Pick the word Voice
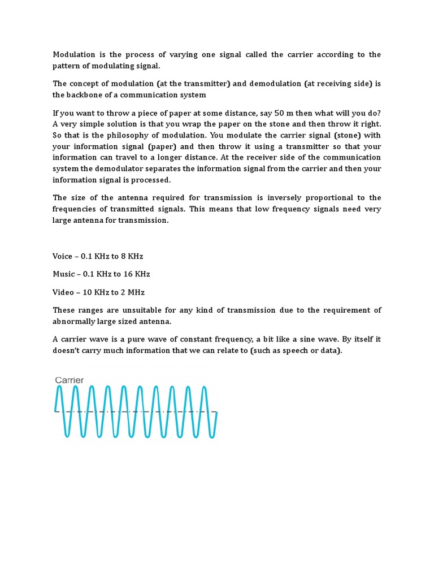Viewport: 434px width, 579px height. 63,256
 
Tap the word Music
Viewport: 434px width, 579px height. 63,274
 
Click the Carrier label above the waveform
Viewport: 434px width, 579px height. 70,381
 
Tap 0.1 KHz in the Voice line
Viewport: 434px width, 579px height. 96,256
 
